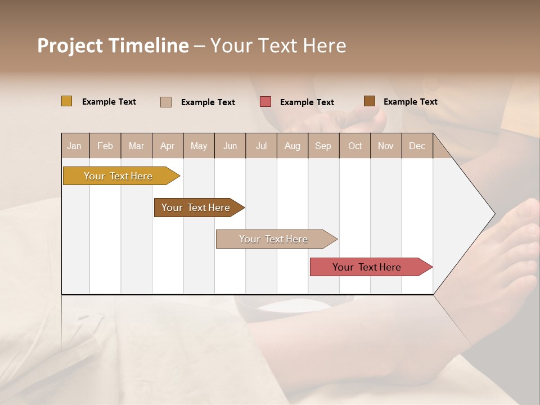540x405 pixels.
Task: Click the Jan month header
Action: tap(75, 146)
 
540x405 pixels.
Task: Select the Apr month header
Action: tap(167, 146)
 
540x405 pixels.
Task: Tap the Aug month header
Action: tap(292, 146)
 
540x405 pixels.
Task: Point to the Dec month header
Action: tap(417, 146)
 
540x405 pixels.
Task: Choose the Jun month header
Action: tap(230, 146)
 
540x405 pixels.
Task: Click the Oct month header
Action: tap(355, 146)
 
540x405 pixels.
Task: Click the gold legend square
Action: tap(66, 101)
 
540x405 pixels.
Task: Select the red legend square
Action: tap(265, 102)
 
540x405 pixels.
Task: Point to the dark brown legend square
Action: tap(369, 101)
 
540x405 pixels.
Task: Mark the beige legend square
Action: tap(166, 102)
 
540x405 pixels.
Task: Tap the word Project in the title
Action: tap(69, 46)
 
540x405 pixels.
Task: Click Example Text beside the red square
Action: tap(307, 102)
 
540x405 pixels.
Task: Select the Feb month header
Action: tap(105, 146)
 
